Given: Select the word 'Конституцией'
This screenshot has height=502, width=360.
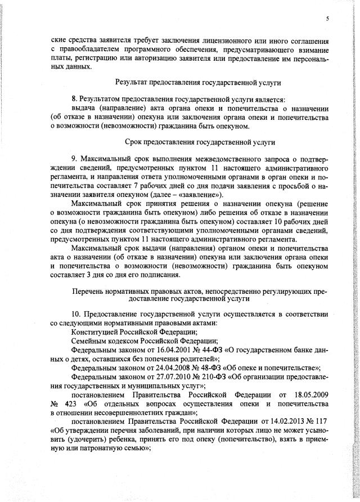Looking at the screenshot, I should tap(89, 331).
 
